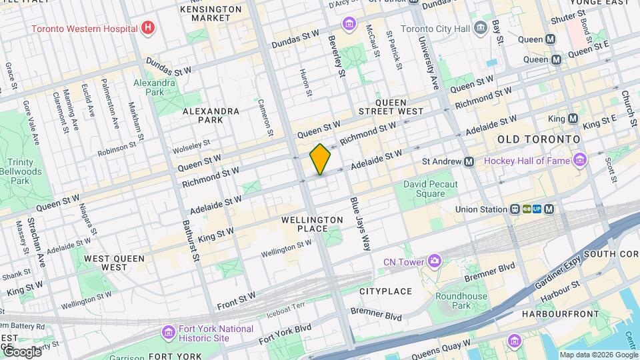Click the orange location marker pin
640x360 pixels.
click(x=320, y=159)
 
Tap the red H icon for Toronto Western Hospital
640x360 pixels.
click(x=149, y=29)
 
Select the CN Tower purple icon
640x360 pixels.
click(x=435, y=260)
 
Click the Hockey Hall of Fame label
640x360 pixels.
click(x=527, y=161)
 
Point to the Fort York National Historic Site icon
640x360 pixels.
click(x=168, y=332)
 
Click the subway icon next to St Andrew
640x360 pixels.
click(x=469, y=161)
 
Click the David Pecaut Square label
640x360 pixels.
click(x=433, y=189)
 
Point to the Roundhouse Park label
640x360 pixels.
click(x=457, y=301)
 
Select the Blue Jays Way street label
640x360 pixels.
click(x=359, y=224)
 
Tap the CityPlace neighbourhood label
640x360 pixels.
click(x=385, y=291)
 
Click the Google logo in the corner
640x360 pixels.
click(x=21, y=351)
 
